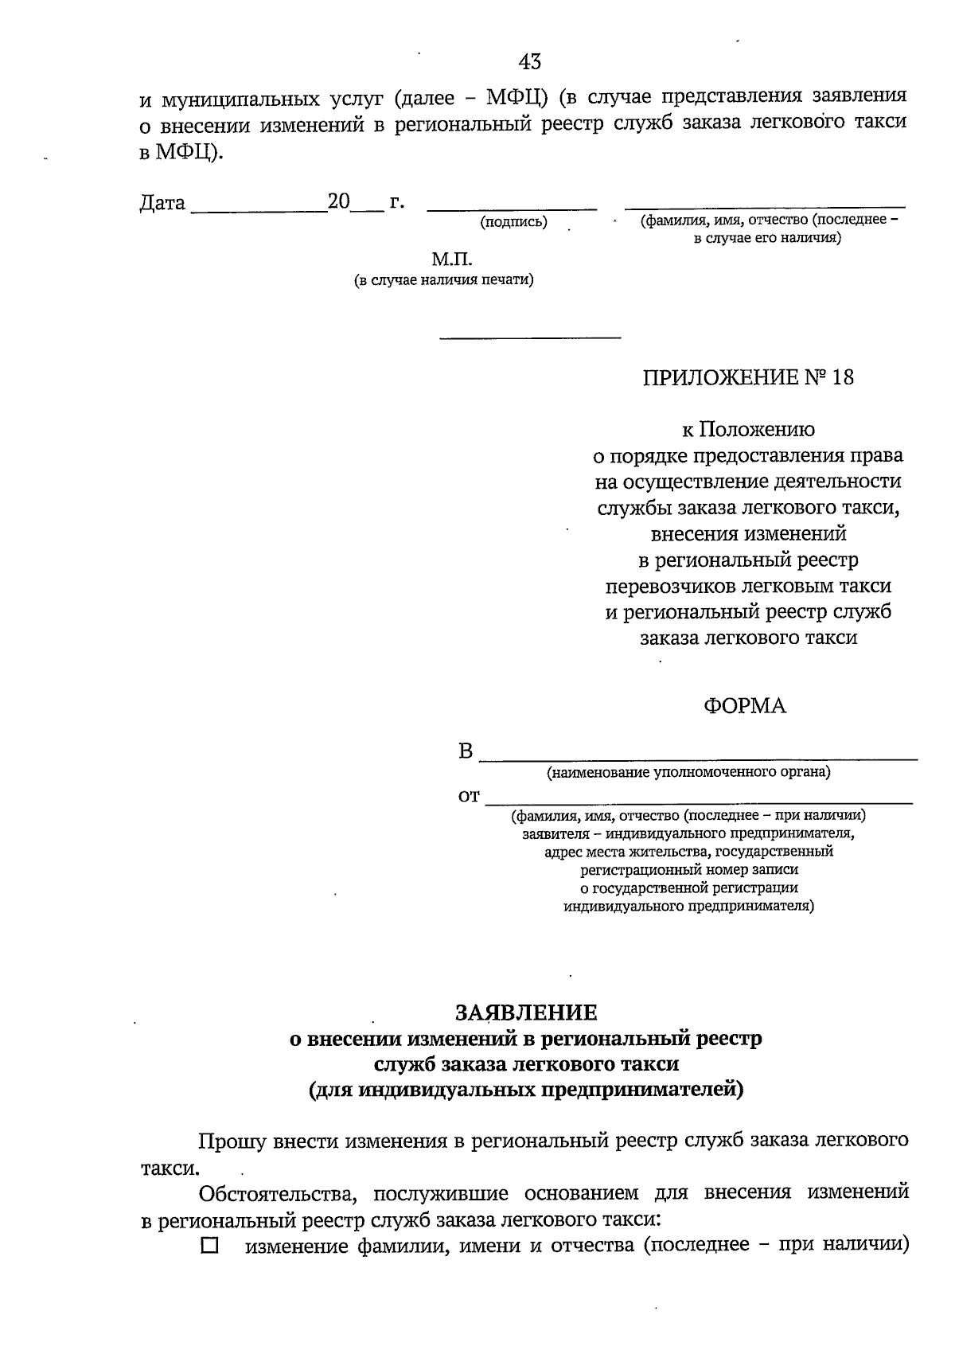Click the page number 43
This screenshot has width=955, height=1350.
click(530, 61)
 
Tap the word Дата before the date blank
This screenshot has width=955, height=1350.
click(162, 204)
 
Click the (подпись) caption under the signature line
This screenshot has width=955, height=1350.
click(513, 223)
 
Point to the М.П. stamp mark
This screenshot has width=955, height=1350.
click(452, 259)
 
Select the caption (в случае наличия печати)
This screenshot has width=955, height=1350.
click(443, 280)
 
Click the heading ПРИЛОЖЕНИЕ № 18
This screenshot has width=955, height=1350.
click(748, 377)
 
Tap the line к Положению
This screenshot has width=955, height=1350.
click(748, 430)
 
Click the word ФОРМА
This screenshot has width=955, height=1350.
click(744, 706)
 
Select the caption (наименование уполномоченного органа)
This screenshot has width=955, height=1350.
click(688, 771)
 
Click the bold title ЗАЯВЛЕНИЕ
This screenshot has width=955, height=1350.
click(525, 1012)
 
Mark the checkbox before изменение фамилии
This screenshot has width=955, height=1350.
click(209, 1246)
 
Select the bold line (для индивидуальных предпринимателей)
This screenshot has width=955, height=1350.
click(525, 1090)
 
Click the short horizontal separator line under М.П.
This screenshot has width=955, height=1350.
click(530, 338)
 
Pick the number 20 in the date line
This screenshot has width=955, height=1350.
click(339, 202)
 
